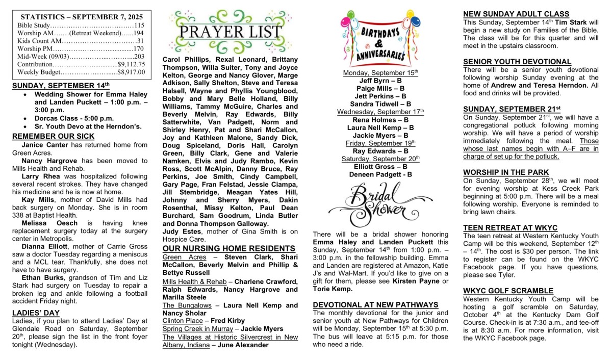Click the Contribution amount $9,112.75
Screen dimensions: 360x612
(132, 64)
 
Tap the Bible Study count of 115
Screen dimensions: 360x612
(139, 25)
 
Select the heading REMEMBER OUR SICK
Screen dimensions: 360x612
(53, 136)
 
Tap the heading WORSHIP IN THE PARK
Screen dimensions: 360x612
(506, 172)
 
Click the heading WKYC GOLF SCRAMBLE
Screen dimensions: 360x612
(508, 291)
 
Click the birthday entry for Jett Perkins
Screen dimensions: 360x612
(380, 96)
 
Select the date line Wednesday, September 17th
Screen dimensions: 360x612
(380, 112)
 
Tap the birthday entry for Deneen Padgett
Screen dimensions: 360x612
(380, 174)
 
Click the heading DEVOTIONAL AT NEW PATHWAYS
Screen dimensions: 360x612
(375, 305)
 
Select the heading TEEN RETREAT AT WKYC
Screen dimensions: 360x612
(510, 228)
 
